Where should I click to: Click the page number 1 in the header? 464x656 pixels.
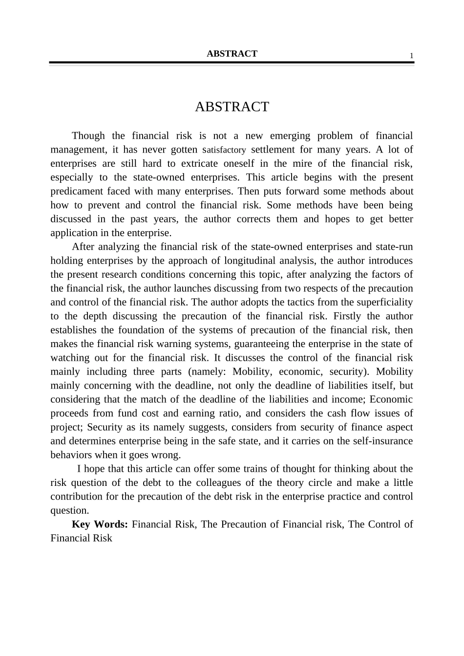[411, 56]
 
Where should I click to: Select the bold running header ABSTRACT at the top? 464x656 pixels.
[232, 54]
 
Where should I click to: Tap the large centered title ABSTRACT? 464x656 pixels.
[232, 107]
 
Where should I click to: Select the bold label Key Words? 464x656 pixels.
[100, 524]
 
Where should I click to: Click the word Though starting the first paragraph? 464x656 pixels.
[88, 135]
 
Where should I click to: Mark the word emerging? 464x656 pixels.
[290, 135]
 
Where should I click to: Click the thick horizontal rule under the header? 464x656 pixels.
[232, 63]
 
